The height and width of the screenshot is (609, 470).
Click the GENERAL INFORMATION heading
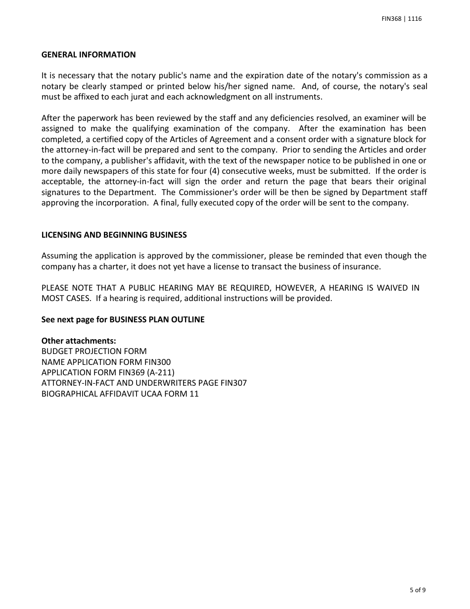click(x=88, y=55)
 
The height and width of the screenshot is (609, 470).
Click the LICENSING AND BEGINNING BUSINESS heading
click(x=114, y=235)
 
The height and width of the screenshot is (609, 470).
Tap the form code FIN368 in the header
click(x=392, y=19)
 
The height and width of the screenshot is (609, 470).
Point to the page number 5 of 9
click(x=418, y=590)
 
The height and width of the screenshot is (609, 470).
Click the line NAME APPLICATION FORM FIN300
click(x=106, y=362)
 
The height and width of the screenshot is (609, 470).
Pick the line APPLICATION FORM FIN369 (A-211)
click(x=108, y=372)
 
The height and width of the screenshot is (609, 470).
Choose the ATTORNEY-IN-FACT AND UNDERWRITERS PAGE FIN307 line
click(x=144, y=383)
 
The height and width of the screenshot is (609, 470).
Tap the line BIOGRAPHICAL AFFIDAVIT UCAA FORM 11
click(x=120, y=394)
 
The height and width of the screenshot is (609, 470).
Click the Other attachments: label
click(x=79, y=341)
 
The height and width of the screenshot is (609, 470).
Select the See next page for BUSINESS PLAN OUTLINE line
click(x=123, y=320)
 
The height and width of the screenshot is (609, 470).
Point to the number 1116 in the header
click(x=415, y=19)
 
